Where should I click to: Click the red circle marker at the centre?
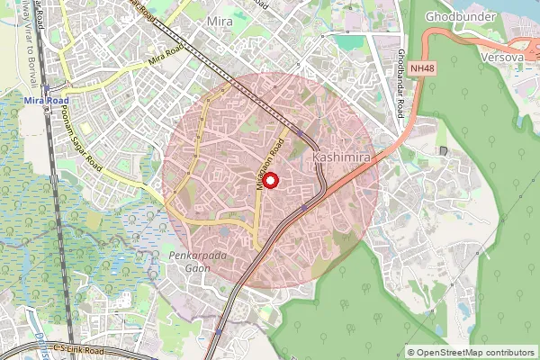[269, 179]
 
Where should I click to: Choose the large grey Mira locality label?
[219, 21]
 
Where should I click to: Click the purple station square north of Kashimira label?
[301, 130]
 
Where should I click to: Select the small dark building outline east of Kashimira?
[442, 150]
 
